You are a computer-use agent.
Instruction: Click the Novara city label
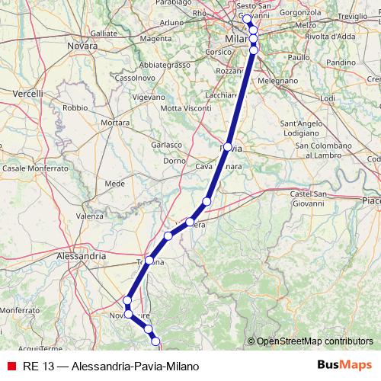click(82, 46)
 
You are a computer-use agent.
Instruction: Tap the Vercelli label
click(27, 93)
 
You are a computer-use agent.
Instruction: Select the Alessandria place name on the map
click(82, 257)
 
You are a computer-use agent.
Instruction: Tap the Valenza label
click(89, 216)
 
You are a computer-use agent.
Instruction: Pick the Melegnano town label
click(279, 79)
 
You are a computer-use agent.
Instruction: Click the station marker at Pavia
click(228, 146)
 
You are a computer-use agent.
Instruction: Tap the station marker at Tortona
click(149, 261)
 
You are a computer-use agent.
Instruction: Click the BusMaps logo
click(344, 366)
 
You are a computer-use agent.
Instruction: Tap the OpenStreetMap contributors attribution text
click(315, 341)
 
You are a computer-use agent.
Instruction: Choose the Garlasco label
click(166, 144)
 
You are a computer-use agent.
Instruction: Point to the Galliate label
click(104, 34)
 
